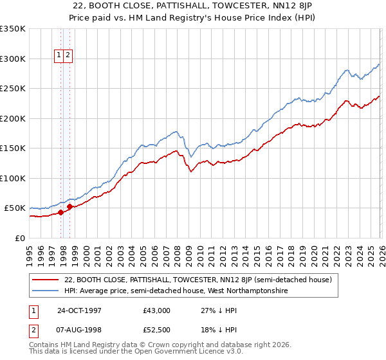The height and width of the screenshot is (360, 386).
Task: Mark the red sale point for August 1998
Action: pos(69,206)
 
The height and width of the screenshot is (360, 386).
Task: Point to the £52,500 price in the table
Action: pos(156,330)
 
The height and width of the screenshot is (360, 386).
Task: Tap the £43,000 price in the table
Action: pos(156,310)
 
